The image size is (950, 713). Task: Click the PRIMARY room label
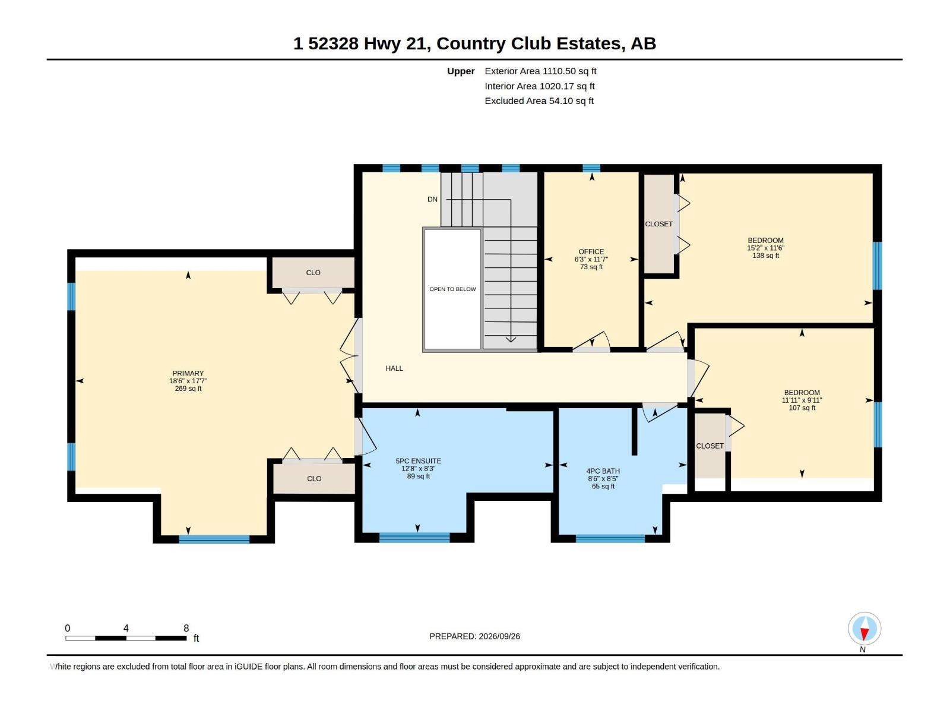click(x=188, y=373)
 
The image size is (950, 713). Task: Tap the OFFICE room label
click(x=591, y=251)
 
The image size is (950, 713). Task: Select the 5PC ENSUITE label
click(x=418, y=461)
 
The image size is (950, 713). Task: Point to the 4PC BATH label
click(x=603, y=471)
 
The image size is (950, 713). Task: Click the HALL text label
click(x=394, y=368)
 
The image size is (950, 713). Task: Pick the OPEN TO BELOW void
click(x=452, y=289)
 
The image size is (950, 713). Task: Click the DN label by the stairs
click(x=432, y=199)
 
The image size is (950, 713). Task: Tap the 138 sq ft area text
click(x=765, y=255)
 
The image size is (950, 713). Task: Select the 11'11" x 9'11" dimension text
click(x=802, y=400)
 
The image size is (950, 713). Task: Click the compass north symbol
click(x=864, y=629)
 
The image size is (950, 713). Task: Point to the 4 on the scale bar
click(x=126, y=628)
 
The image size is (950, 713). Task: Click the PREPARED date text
click(x=474, y=636)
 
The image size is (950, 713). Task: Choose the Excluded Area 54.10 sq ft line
click(x=539, y=101)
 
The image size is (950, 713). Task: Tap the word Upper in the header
click(x=461, y=71)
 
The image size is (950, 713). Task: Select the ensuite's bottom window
click(x=414, y=538)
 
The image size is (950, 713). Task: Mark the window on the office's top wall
click(x=591, y=168)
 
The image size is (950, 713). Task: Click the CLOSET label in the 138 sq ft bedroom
click(x=658, y=224)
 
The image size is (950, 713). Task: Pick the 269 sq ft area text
click(x=188, y=389)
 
